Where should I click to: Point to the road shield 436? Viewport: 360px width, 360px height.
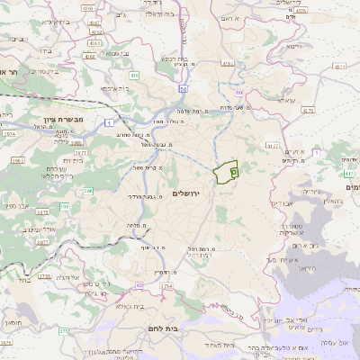[133, 76]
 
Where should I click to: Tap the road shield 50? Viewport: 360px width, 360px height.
[183, 88]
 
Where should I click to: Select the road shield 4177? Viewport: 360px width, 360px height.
[274, 144]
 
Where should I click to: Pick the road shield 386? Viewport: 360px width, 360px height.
[89, 190]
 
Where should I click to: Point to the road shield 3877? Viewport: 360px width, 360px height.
[41, 242]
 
